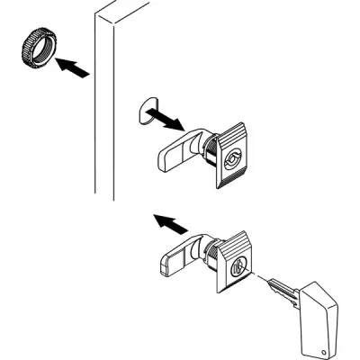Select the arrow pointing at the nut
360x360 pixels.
point(73,69)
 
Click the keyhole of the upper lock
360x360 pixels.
point(233,161)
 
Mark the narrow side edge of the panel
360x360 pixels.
point(103,108)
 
